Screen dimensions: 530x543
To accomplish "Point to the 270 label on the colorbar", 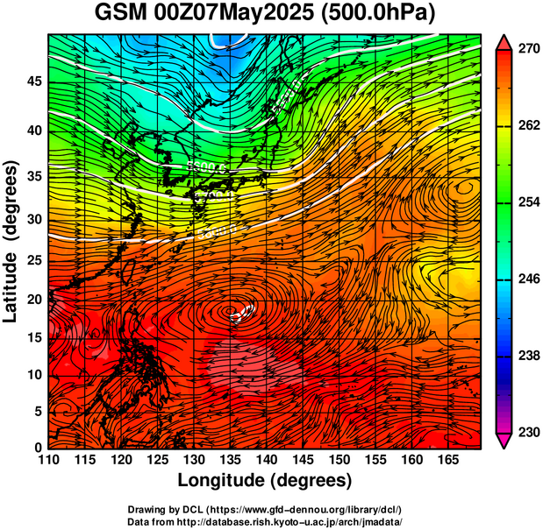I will (x=529, y=50).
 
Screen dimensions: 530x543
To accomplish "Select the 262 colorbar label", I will (x=529, y=126).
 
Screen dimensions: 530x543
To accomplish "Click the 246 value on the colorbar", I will (x=529, y=279).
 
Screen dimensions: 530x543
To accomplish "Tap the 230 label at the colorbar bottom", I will (x=529, y=432).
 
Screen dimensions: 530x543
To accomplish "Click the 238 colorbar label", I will (x=529, y=356).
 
